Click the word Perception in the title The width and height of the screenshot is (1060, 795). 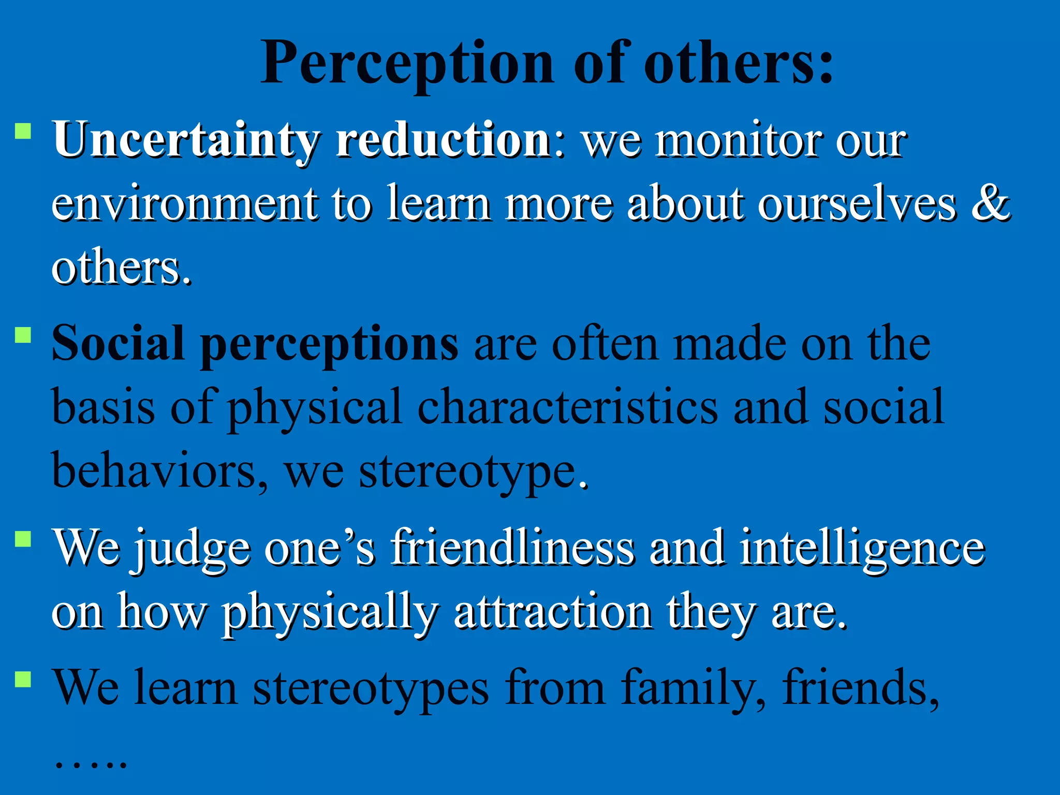coord(407,65)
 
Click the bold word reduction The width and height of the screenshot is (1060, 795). coord(443,140)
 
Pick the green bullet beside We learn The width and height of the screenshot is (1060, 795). coord(23,679)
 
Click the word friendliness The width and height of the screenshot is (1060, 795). coord(512,548)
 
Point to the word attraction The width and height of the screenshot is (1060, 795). coord(553,613)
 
